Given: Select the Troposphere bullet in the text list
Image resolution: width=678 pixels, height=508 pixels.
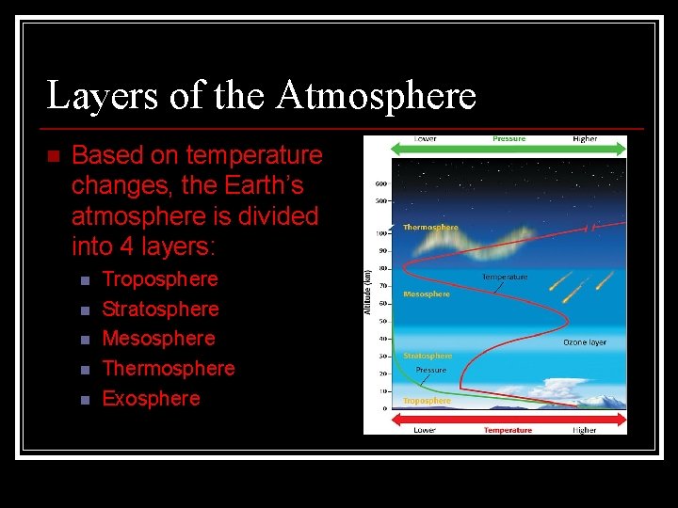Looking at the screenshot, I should tap(159, 279).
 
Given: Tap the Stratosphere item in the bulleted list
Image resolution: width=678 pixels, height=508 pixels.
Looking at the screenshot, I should tap(160, 310).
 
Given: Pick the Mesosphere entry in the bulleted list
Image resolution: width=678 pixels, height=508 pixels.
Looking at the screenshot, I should tap(158, 339).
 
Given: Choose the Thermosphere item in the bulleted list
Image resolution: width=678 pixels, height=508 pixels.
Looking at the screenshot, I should tap(168, 369).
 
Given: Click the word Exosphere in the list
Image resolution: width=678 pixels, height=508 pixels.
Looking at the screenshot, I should tap(151, 399).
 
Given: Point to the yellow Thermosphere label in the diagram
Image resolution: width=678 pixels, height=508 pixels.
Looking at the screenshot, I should tap(430, 227).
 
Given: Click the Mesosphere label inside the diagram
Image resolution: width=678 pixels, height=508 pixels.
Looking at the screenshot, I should tap(427, 294).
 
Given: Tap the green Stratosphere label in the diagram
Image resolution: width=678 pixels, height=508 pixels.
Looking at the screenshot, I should tap(428, 356).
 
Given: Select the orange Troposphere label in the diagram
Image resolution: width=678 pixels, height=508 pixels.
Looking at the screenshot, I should tap(427, 401).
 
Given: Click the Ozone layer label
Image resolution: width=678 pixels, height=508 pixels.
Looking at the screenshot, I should tap(585, 342).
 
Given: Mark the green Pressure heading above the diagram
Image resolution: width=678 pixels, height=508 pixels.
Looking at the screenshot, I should tap(508, 139).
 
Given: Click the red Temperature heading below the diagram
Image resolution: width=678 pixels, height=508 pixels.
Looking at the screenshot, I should tap(508, 430).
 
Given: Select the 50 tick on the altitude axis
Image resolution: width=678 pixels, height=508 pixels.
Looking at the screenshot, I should tap(384, 322).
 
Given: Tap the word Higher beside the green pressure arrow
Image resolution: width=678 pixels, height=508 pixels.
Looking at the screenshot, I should tap(585, 139).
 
